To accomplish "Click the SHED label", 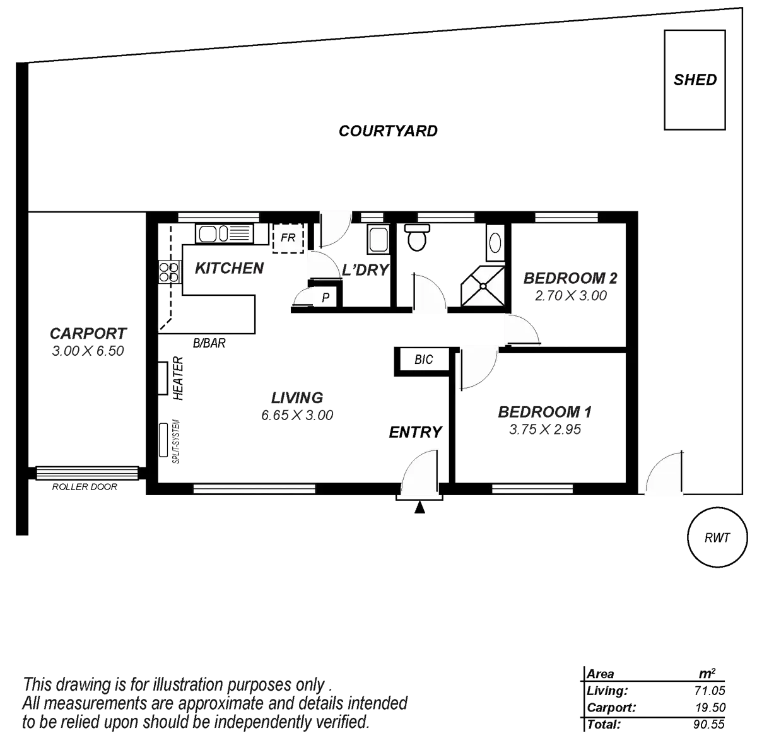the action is click(695, 80).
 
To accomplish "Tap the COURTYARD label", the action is click(388, 131).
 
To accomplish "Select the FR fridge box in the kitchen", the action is click(288, 238).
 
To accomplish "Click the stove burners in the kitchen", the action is click(168, 272).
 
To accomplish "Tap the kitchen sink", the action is click(216, 235).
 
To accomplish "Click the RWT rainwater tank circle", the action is click(717, 537).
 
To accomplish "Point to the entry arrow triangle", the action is click(420, 508).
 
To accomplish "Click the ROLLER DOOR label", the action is click(86, 487).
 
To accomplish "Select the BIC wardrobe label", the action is click(424, 360).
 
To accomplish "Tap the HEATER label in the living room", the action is click(178, 379).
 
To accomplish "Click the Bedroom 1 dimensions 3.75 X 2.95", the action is click(544, 430).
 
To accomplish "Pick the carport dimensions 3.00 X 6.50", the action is click(88, 351).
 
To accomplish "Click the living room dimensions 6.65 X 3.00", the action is click(296, 414).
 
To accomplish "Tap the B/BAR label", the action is click(209, 344).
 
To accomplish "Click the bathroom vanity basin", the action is click(495, 242).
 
